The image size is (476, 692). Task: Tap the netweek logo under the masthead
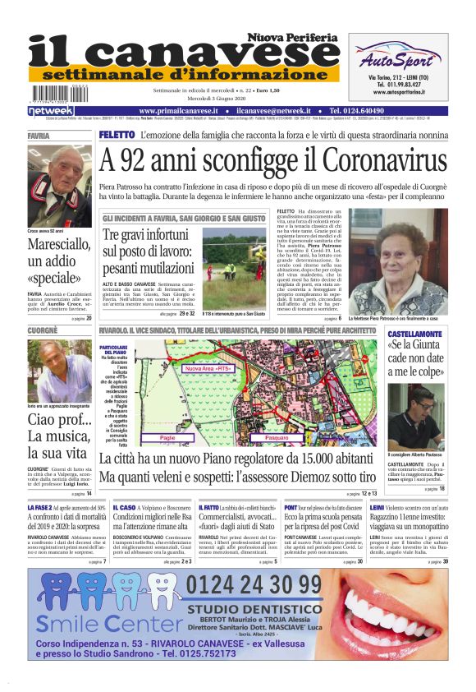point(52,110)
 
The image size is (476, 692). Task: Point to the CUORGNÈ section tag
point(43,331)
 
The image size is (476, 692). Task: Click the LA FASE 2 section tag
point(40,510)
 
